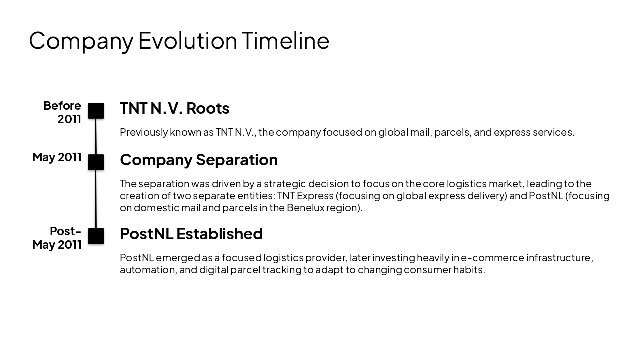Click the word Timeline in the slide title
(x=285, y=41)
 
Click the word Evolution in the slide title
(x=187, y=41)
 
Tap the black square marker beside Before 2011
(x=96, y=111)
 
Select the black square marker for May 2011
(x=96, y=162)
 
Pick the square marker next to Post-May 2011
(x=96, y=236)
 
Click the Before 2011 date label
(x=62, y=112)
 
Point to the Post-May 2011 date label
(x=57, y=238)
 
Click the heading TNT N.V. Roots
(x=174, y=108)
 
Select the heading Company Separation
(x=198, y=160)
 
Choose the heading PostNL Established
(x=191, y=234)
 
